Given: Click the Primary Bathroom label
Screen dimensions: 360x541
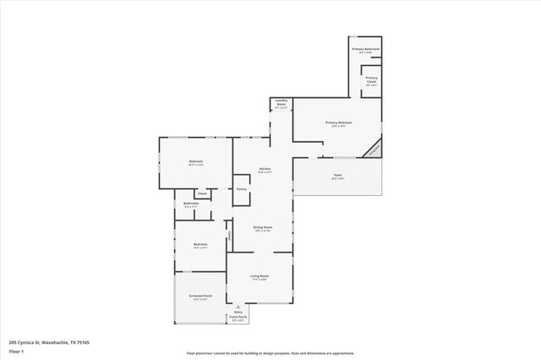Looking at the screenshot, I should coord(365,50).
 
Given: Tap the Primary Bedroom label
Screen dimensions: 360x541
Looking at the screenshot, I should coord(338,123).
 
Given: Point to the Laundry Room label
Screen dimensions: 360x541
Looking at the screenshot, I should coord(281,105).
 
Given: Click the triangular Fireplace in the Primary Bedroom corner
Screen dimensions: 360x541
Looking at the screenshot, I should coord(373,150).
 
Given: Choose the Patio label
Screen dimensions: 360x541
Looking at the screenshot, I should coord(337,176).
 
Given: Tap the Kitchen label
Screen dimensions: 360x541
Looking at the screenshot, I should coord(265,170).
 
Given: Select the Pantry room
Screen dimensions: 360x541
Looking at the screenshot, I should coord(241,189).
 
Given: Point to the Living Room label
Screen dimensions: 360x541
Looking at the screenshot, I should coord(259,277).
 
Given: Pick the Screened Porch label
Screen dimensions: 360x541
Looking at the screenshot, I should coord(201,297).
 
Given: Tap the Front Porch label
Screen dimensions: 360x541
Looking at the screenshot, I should coord(238,318).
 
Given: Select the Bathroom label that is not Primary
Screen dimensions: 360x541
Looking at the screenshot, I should coord(191,205).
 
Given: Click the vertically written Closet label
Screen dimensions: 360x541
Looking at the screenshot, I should coord(230,234).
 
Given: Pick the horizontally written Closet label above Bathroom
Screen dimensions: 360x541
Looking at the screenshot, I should coord(202,194).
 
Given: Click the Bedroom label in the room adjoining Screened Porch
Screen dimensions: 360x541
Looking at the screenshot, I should coord(199,246).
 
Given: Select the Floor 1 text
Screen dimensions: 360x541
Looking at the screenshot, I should coord(15,349).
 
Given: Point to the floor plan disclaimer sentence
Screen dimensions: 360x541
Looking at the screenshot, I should coord(270,353).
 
